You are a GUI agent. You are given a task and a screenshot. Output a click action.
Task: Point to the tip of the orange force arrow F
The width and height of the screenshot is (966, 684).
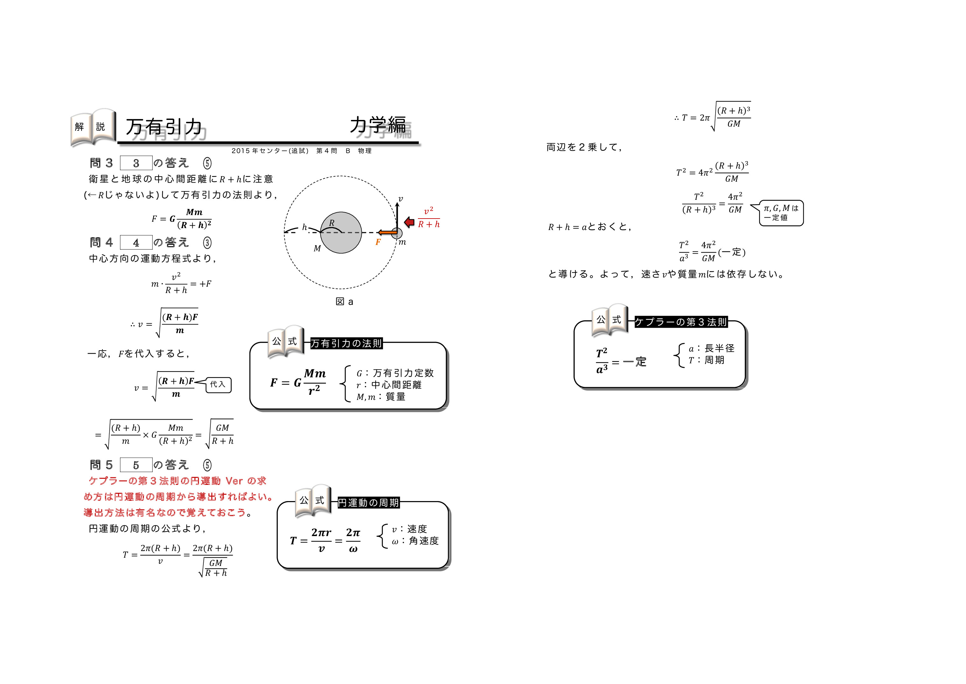point(378,232)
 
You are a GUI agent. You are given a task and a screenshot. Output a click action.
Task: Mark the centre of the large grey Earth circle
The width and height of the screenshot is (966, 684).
point(341,233)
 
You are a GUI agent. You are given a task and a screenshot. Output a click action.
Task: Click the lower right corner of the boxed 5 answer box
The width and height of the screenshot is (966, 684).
point(152,472)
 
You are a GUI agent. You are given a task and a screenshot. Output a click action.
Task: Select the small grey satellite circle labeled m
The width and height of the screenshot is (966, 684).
point(397,233)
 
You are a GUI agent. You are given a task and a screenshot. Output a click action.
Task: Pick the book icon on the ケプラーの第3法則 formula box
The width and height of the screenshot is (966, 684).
point(610,320)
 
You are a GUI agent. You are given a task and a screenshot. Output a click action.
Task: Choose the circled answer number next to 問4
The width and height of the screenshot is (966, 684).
point(207,243)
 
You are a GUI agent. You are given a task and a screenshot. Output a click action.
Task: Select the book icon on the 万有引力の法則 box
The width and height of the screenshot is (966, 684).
point(285,342)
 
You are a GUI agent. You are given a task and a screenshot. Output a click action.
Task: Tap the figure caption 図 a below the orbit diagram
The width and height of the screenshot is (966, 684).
point(344,302)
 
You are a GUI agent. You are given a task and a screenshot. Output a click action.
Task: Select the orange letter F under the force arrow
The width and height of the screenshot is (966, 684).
point(378,242)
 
